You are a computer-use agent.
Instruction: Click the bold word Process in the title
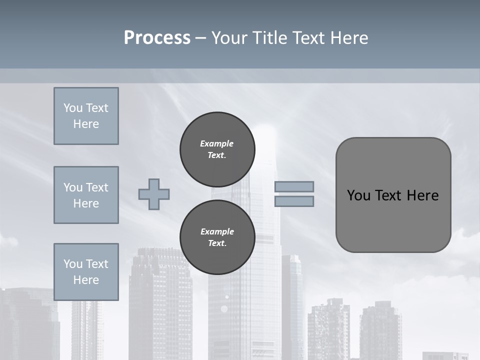(x=157, y=38)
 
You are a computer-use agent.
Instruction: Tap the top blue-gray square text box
(x=86, y=116)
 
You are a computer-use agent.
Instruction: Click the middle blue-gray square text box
(x=86, y=195)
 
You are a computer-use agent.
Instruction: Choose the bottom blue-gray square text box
(x=86, y=272)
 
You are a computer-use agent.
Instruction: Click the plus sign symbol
(x=154, y=194)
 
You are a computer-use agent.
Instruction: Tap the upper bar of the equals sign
(x=294, y=186)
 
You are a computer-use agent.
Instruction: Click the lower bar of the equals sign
(x=294, y=201)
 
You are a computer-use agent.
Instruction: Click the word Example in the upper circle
(x=217, y=143)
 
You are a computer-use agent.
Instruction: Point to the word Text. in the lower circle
(x=217, y=243)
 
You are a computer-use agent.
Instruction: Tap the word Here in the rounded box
(x=422, y=195)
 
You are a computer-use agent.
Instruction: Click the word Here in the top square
(x=86, y=124)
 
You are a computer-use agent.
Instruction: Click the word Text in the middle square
(x=97, y=187)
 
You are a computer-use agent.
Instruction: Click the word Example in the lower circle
(x=217, y=231)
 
